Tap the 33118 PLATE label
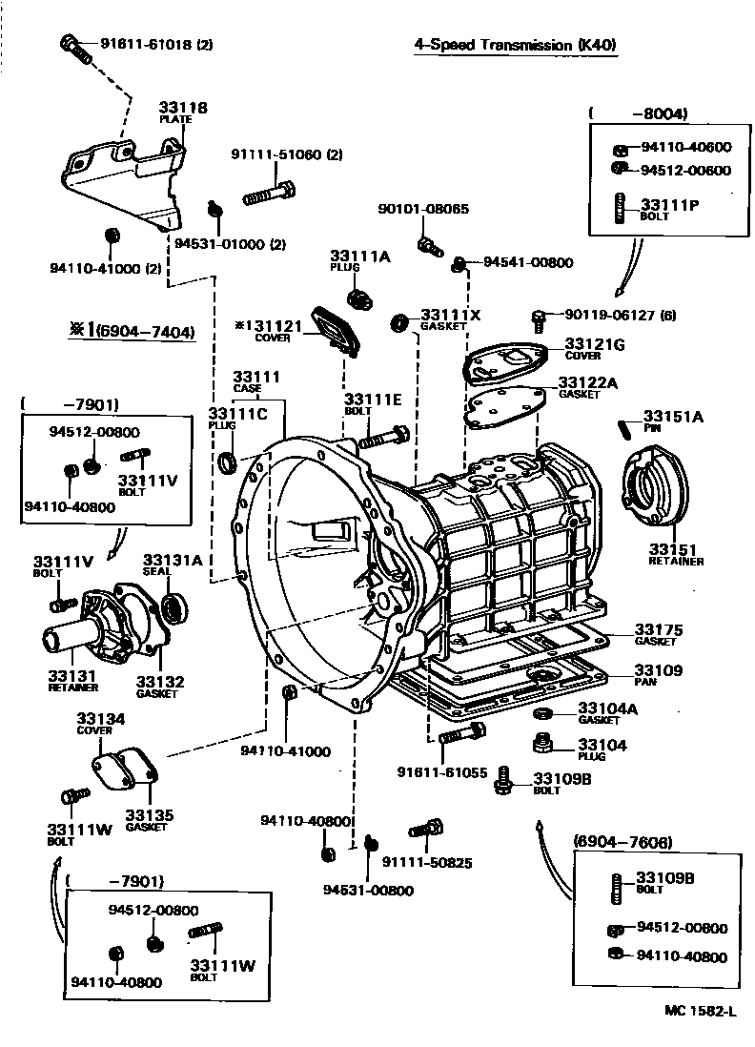coord(183,113)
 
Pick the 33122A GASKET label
coord(587,387)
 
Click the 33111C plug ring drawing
coord(229,463)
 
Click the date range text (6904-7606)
coord(622,842)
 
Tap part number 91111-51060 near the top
coord(286,155)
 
